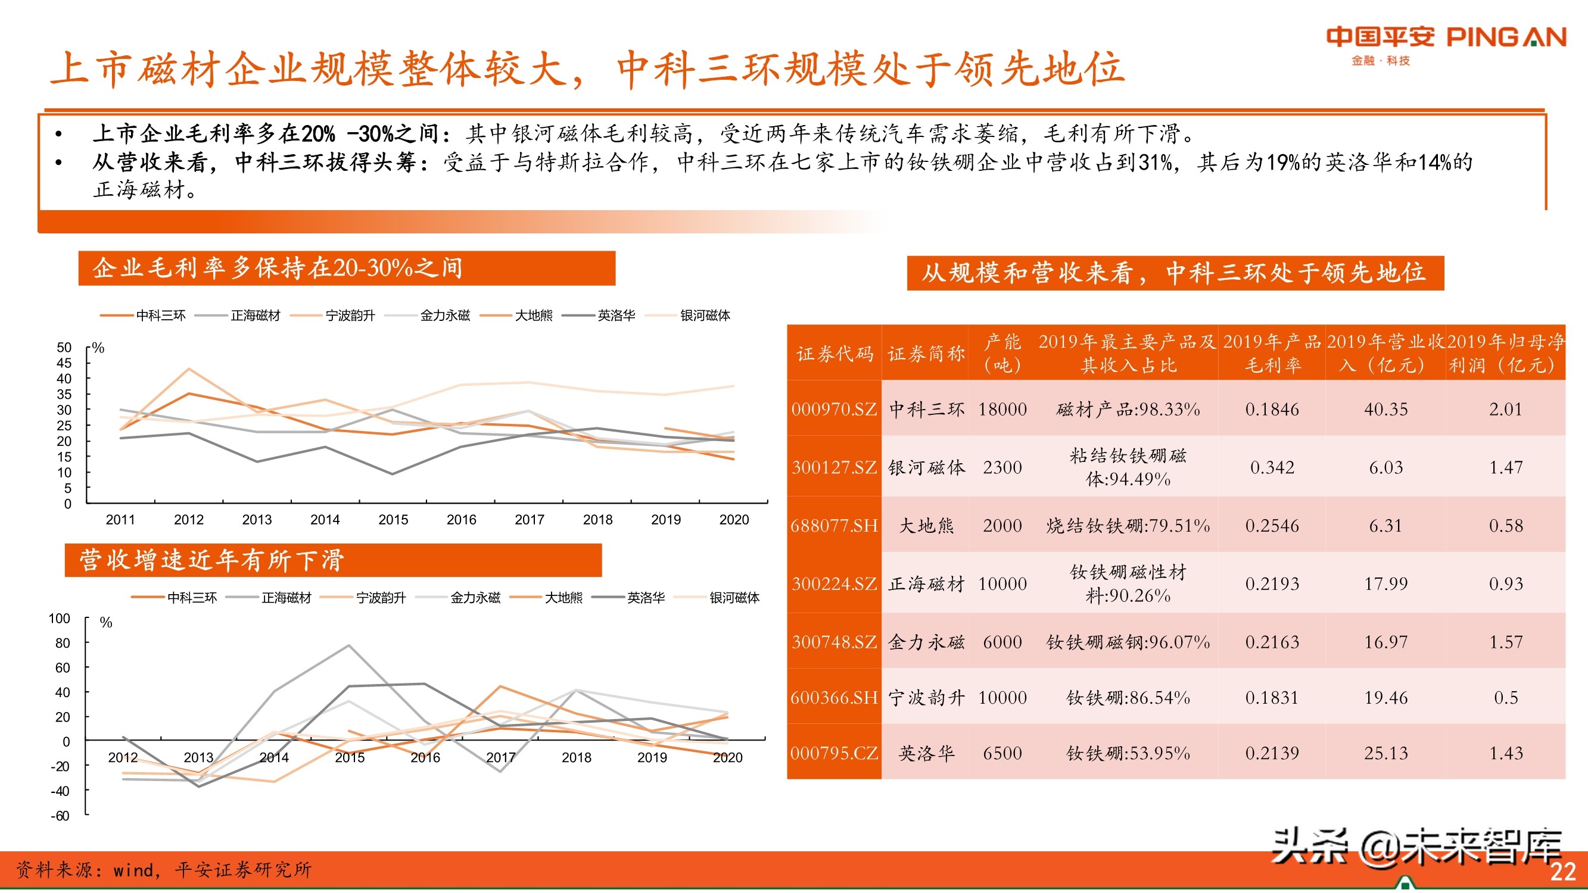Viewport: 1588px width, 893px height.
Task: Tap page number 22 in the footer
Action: click(x=1562, y=872)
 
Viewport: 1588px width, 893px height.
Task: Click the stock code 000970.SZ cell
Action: click(x=834, y=409)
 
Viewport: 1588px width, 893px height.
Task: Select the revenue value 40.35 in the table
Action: click(x=1385, y=409)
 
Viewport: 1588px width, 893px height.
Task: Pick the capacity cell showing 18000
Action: click(x=1002, y=409)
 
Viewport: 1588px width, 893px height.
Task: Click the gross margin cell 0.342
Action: click(x=1272, y=467)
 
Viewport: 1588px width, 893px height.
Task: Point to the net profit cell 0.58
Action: click(x=1505, y=526)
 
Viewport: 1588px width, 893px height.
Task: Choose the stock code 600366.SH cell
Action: click(x=834, y=698)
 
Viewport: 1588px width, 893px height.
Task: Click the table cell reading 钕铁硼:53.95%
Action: click(x=1128, y=753)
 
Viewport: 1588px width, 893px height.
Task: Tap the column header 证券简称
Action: click(x=925, y=354)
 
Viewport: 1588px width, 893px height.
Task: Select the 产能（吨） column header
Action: click(x=1002, y=354)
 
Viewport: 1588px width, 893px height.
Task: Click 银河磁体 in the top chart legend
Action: click(x=705, y=316)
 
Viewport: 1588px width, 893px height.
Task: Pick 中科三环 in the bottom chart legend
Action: click(x=192, y=597)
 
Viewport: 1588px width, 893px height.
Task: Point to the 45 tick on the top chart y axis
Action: click(x=64, y=363)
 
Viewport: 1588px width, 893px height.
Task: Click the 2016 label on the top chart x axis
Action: click(x=461, y=520)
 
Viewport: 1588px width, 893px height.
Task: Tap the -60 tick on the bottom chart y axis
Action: click(x=60, y=816)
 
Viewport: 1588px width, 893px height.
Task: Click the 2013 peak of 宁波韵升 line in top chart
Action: click(x=189, y=369)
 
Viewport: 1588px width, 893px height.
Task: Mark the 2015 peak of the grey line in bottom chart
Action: click(x=349, y=645)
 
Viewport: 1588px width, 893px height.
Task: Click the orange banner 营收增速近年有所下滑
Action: click(x=333, y=560)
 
